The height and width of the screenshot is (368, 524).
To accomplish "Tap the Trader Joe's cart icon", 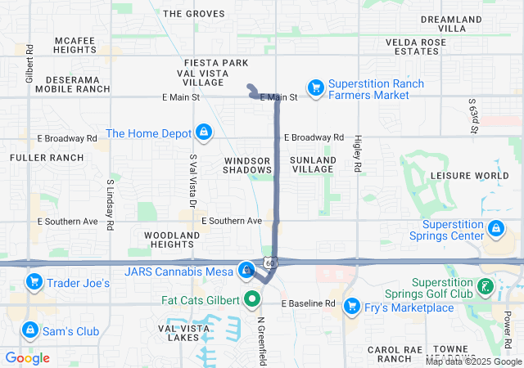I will click(34, 283).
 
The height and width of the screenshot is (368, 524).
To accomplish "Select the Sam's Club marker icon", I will click(29, 330).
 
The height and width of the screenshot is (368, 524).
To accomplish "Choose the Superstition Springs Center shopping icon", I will click(495, 228).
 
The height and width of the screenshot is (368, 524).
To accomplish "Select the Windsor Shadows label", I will click(247, 164).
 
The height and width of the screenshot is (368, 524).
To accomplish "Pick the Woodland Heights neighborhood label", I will click(172, 240).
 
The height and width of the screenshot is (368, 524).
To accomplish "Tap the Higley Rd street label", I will click(358, 154).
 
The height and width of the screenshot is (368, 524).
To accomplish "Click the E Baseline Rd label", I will click(309, 303).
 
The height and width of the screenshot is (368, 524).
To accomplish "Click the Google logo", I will click(28, 357).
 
